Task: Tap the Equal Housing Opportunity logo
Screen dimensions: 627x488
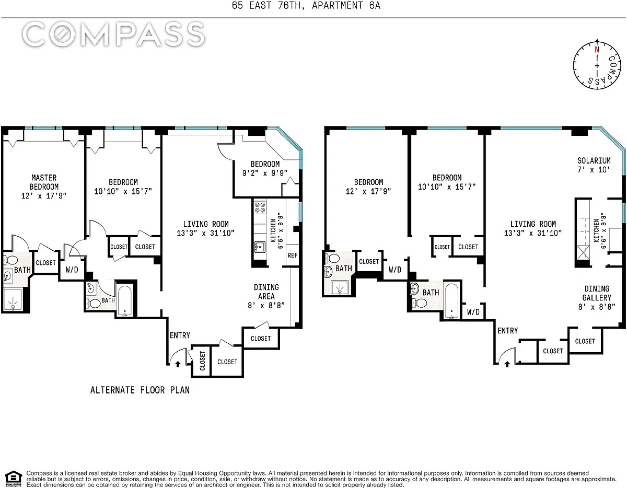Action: pos(13,479)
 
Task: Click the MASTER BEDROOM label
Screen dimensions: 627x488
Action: pos(44,182)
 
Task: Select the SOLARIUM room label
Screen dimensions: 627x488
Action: pos(594,160)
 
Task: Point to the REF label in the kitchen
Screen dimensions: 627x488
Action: pos(292,255)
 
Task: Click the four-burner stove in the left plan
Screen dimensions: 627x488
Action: pos(260,207)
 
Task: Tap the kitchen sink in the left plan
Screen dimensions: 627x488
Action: pos(260,247)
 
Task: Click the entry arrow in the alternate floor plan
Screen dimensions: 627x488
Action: pos(178,364)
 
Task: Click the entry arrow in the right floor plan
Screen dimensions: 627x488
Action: pos(507,364)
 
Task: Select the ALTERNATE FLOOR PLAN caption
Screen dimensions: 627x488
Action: pos(140,390)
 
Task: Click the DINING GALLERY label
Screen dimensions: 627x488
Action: pos(597,293)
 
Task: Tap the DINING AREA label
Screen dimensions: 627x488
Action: pos(266,292)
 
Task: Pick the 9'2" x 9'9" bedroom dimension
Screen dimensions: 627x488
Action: pos(265,173)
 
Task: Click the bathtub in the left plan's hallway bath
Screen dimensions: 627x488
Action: pos(125,300)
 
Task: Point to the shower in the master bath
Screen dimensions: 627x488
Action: pos(13,300)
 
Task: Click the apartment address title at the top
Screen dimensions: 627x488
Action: pos(306,5)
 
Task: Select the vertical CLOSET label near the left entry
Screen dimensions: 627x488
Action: pos(202,361)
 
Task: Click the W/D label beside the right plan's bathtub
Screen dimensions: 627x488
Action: pos(473,312)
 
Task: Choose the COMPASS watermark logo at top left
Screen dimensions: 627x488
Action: pos(113,34)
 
